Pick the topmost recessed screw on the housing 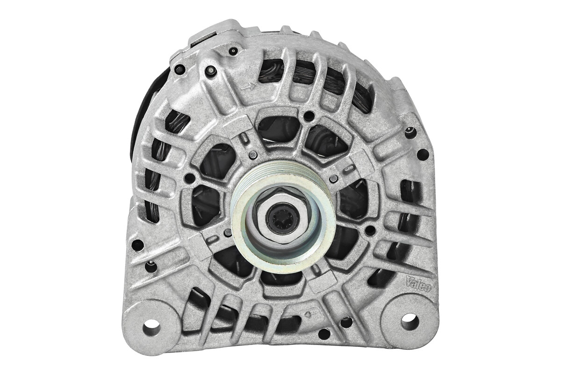point(234,50)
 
